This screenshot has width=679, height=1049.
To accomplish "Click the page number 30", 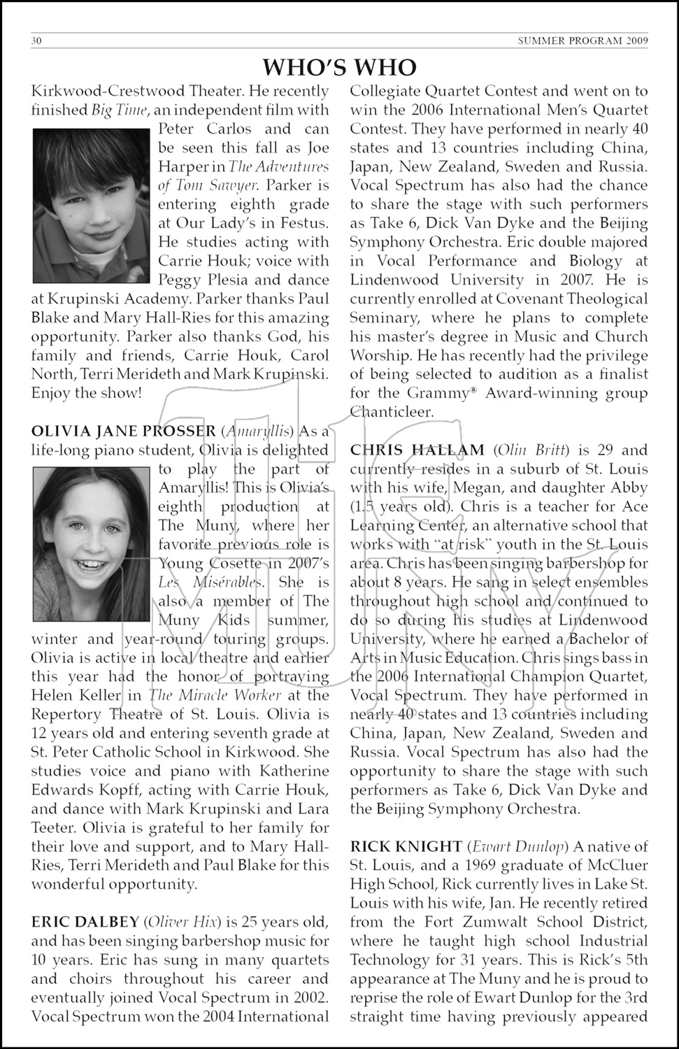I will tap(36, 41).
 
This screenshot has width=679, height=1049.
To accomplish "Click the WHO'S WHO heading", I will tap(339, 67).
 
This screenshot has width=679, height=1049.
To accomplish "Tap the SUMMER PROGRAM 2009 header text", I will tap(582, 41).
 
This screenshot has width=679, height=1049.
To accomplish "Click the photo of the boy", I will tap(91, 205).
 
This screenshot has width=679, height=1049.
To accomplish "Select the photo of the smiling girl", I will tap(91, 544).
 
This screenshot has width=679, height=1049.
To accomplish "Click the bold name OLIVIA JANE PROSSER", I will tap(123, 431).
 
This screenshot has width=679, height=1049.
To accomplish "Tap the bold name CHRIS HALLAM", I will tap(417, 450).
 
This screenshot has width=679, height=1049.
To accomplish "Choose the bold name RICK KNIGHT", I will tap(406, 847).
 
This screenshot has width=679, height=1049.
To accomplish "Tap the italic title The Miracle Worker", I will tap(215, 695).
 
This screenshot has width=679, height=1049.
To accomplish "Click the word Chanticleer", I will tap(391, 412).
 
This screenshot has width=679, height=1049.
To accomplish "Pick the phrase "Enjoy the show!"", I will tap(86, 393).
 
